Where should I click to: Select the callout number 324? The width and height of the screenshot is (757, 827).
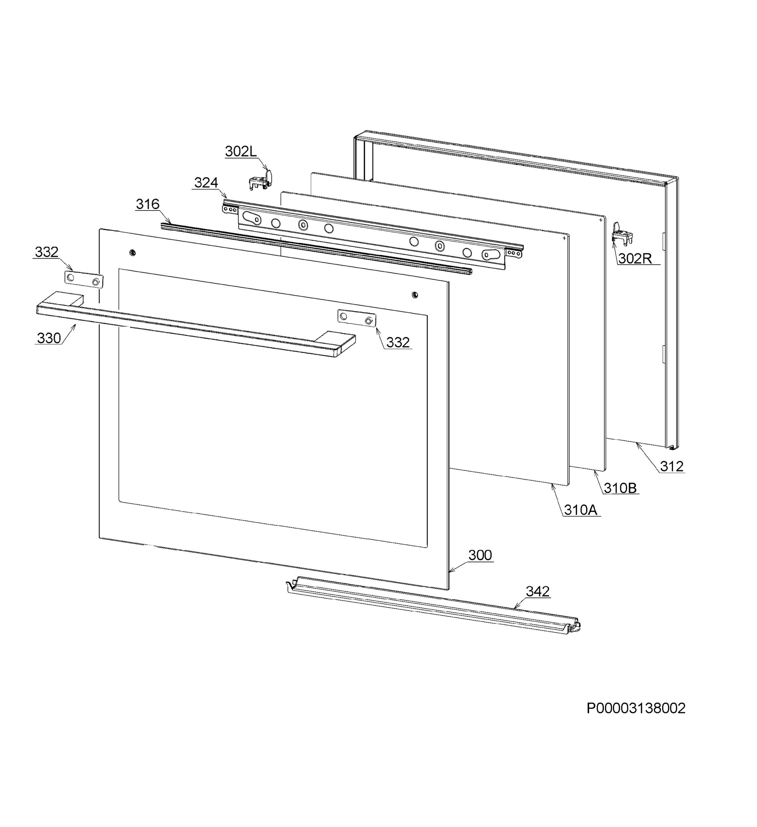pyautogui.click(x=206, y=183)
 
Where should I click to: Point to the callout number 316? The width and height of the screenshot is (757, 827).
pyautogui.click(x=148, y=204)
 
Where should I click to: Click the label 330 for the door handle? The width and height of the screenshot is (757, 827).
pyautogui.click(x=49, y=338)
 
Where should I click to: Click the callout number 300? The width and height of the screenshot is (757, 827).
pyautogui.click(x=480, y=555)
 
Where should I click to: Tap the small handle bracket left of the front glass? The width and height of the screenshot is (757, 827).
pyautogui.click(x=84, y=280)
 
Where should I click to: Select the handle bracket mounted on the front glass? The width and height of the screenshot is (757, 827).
pyautogui.click(x=356, y=318)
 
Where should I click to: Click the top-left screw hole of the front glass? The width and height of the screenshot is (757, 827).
pyautogui.click(x=132, y=252)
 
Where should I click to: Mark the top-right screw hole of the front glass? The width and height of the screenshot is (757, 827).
pyautogui.click(x=415, y=295)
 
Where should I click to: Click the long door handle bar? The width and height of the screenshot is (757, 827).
pyautogui.click(x=196, y=324)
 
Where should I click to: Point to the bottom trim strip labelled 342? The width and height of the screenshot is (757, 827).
pyautogui.click(x=433, y=605)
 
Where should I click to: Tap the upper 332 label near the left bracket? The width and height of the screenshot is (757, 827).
pyautogui.click(x=46, y=252)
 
